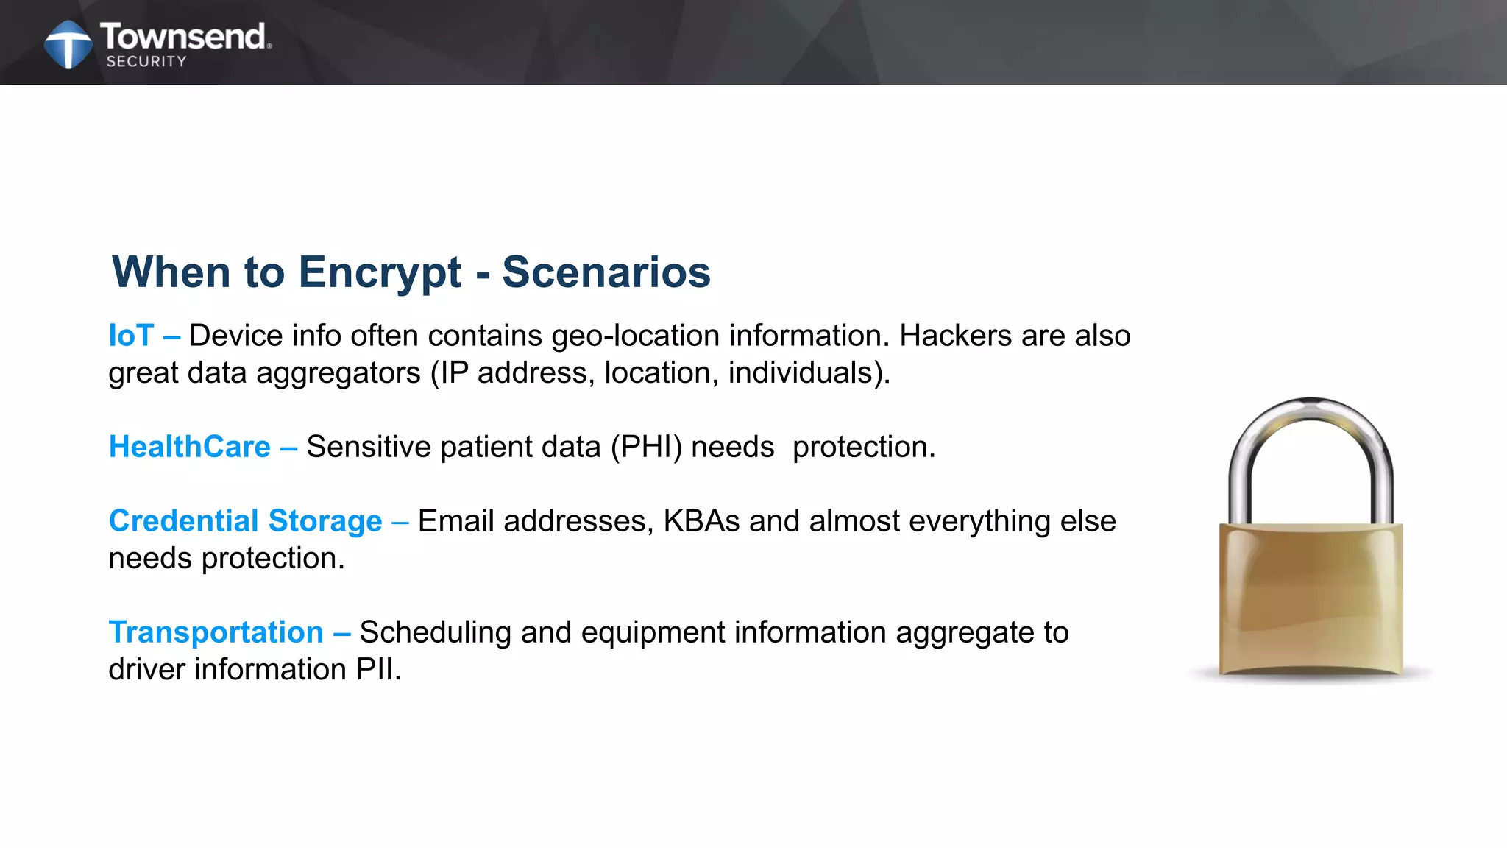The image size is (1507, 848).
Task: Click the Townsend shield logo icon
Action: pyautogui.click(x=68, y=44)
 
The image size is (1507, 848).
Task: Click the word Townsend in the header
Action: pyautogui.click(x=183, y=36)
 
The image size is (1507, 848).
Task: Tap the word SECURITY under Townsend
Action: pyautogui.click(x=146, y=62)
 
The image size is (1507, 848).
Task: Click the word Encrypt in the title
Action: pyautogui.click(x=380, y=272)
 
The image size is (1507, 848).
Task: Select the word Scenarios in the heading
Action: pyautogui.click(x=606, y=272)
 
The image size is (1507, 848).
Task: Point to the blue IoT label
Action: pyautogui.click(x=131, y=336)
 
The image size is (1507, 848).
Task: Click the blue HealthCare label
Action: pyautogui.click(x=190, y=447)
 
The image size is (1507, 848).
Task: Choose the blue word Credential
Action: pyautogui.click(x=184, y=521)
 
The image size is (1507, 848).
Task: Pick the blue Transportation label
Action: pyautogui.click(x=216, y=632)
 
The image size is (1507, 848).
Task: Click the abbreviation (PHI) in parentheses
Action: pyautogui.click(x=646, y=447)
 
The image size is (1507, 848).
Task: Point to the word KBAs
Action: pyautogui.click(x=701, y=521)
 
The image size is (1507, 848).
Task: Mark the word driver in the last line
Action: pyautogui.click(x=146, y=670)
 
